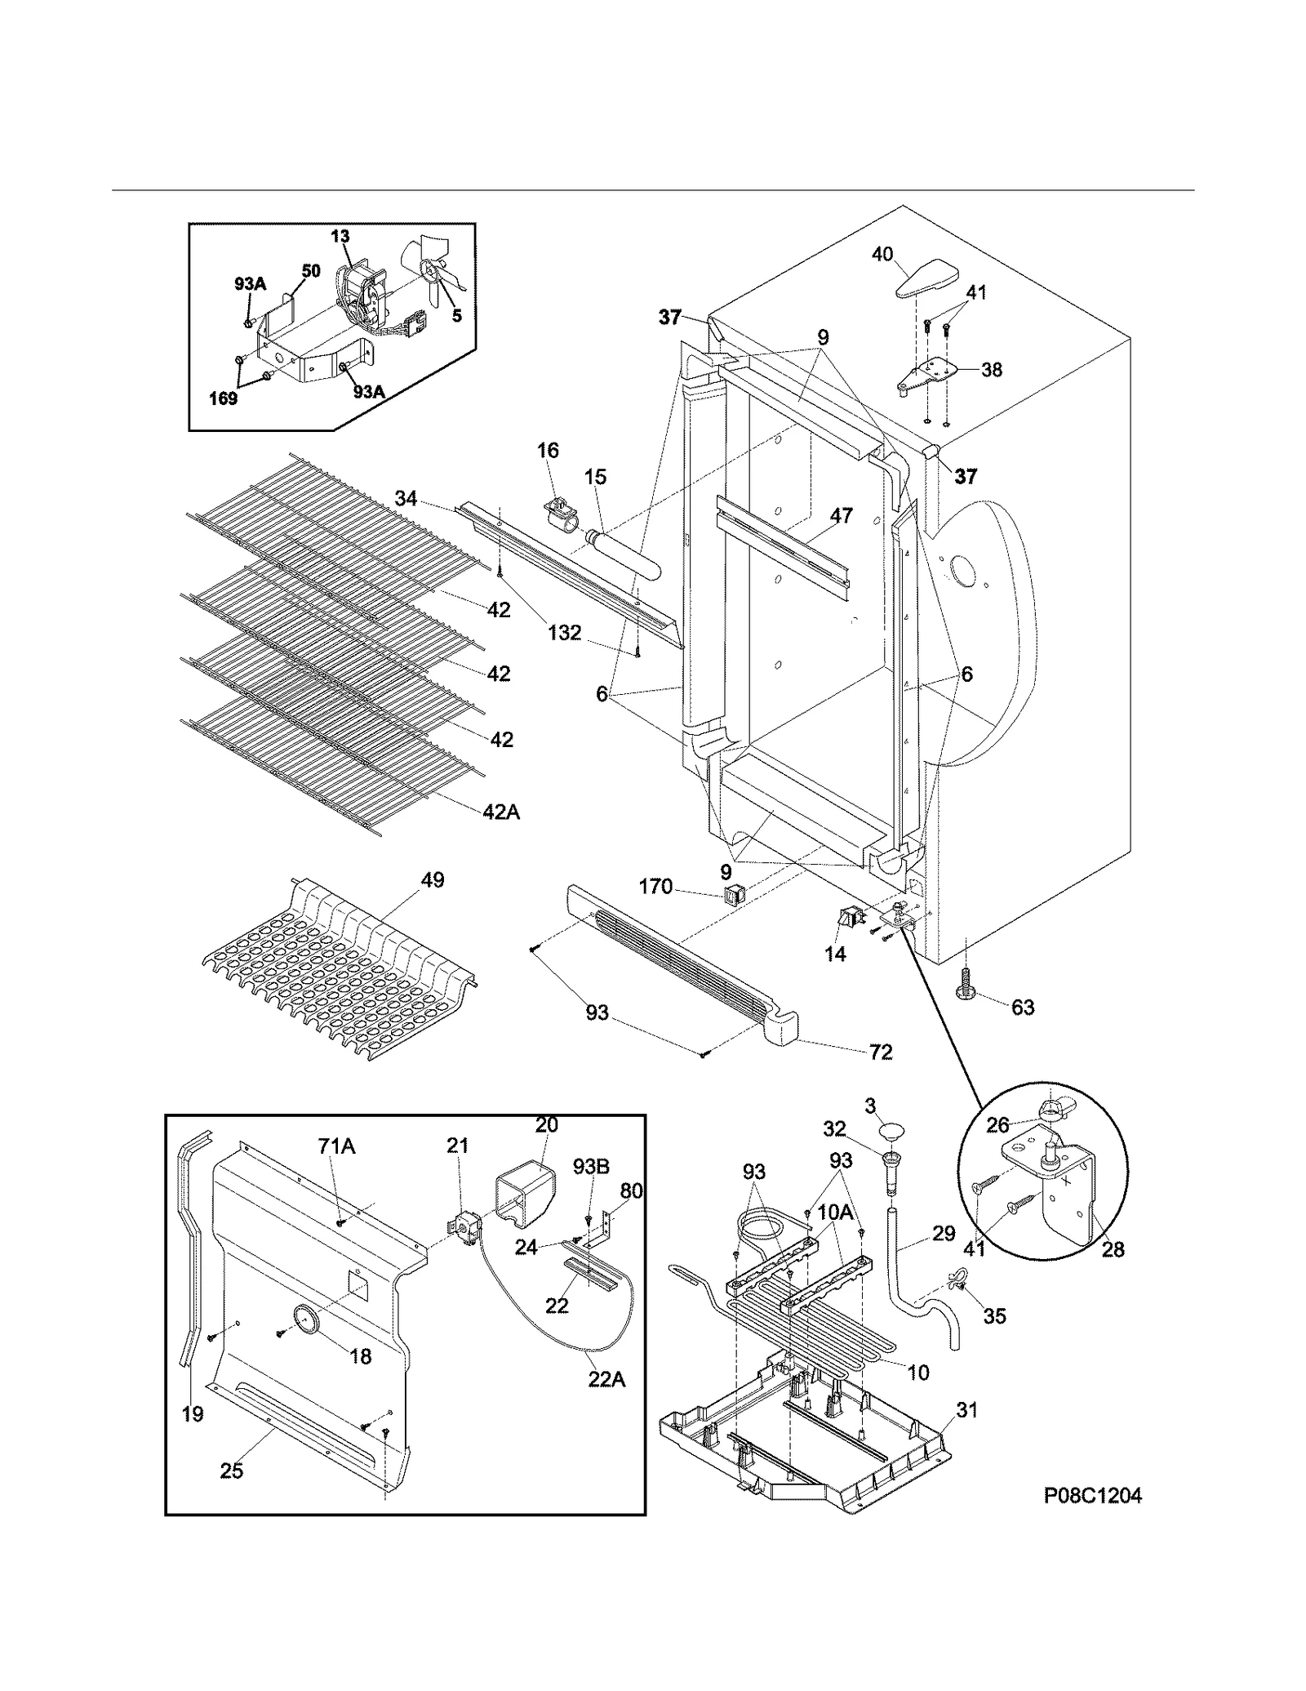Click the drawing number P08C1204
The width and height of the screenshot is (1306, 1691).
(1092, 1496)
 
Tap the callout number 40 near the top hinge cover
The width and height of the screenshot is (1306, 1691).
(882, 254)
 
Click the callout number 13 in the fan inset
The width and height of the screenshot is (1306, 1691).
(340, 236)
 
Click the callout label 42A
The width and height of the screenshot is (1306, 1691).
(501, 812)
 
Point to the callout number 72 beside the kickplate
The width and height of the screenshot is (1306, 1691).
(881, 1052)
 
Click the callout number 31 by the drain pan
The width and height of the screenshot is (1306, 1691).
(966, 1409)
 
